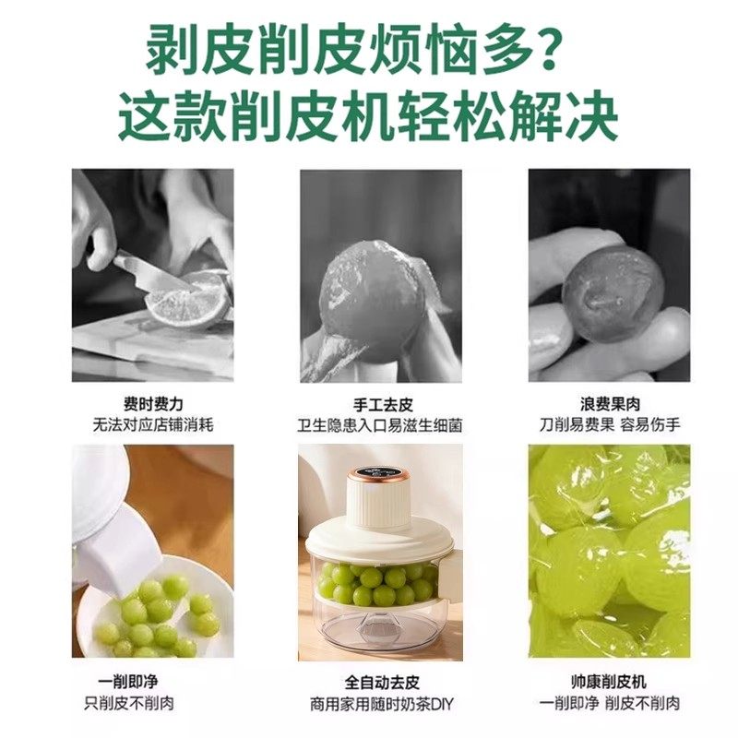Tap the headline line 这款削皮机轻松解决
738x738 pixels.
368,117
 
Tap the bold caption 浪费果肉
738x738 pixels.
609,405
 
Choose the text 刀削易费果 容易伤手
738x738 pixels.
609,426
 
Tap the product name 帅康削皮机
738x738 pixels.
609,682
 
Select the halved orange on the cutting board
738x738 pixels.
189,300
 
